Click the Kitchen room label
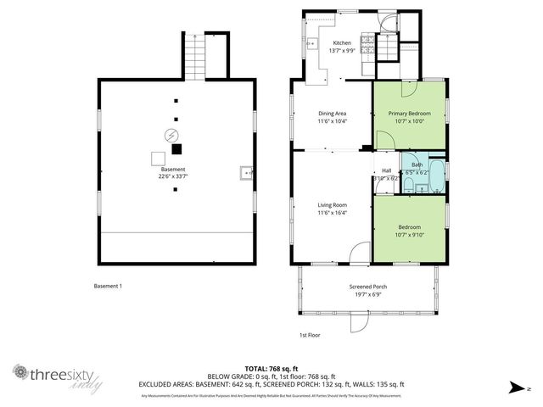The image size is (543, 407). (x=342, y=42)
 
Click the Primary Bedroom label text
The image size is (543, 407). (x=409, y=113)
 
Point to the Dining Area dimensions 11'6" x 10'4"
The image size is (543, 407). (x=332, y=121)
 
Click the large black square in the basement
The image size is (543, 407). (x=176, y=149)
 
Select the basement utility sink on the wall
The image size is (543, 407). (x=246, y=173)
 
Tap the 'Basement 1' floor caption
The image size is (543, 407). (x=108, y=286)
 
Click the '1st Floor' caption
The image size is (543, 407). (x=311, y=334)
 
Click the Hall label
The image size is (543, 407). (x=386, y=170)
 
